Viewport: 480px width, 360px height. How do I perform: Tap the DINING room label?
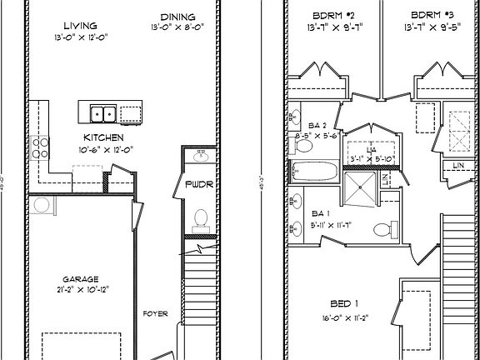[x=178, y=17]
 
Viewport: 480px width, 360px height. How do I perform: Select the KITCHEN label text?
[x=104, y=137]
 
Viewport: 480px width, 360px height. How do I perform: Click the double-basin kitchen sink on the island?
[x=103, y=113]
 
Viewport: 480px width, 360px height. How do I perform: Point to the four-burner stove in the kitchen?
[x=41, y=149]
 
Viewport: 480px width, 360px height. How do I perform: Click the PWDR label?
[x=199, y=184]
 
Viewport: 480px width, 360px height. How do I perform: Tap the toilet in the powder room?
[x=200, y=218]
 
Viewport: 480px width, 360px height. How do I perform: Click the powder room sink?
[x=200, y=155]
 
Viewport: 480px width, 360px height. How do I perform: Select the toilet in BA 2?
[x=303, y=147]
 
